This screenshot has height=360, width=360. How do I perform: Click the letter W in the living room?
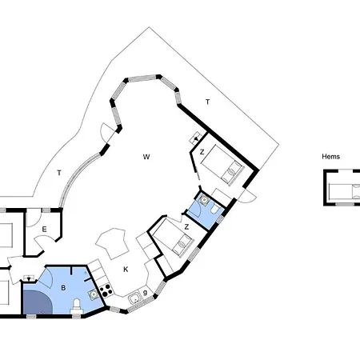click(146, 157)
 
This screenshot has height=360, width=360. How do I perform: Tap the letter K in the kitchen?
click(126, 270)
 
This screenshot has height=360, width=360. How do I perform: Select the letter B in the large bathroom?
click(63, 288)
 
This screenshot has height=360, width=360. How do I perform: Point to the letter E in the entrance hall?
click(44, 229)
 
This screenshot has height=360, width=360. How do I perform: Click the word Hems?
click(330, 157)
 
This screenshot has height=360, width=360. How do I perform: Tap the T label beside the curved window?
click(59, 173)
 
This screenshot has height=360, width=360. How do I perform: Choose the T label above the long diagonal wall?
click(207, 102)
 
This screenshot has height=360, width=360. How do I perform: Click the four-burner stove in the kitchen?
click(106, 290)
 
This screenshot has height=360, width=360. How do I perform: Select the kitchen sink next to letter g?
click(135, 298)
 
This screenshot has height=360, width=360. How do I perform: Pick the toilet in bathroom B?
click(77, 306)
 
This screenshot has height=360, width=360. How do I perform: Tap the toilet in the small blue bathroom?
click(215, 209)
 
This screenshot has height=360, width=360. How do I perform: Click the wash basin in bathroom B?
click(94, 294)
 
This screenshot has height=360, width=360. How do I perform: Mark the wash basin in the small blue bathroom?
click(204, 200)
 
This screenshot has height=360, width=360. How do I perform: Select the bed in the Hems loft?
click(344, 191)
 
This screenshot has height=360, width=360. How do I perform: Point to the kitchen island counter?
click(112, 243)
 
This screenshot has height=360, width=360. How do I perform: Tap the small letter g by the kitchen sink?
click(145, 293)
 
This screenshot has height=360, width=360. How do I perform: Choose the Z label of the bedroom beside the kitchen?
click(186, 227)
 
